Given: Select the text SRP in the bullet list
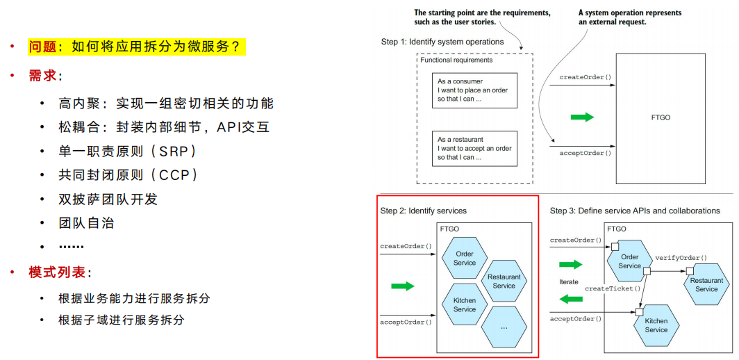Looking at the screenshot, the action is pos(174,152).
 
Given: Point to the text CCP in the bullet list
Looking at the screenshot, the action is pos(174,175).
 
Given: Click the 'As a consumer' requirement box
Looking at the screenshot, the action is pos(474,90).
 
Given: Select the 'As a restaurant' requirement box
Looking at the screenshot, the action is pos(474,149).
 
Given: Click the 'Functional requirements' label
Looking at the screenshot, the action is pos(456,60).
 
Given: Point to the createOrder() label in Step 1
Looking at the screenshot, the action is pos(581,77).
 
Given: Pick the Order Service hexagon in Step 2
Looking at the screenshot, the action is pos(465,259).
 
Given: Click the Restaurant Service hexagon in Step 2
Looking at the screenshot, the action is pos(504,281).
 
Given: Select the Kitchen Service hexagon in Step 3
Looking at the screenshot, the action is pos(656,325).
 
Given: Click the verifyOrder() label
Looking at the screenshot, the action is pos(681,258).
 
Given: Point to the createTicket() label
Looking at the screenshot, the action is pos(613,288).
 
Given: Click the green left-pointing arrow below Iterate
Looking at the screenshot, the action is pos(571,299).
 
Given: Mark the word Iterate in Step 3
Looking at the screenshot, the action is pos(568,281).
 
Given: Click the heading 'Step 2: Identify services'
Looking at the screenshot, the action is pos(423,211).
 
